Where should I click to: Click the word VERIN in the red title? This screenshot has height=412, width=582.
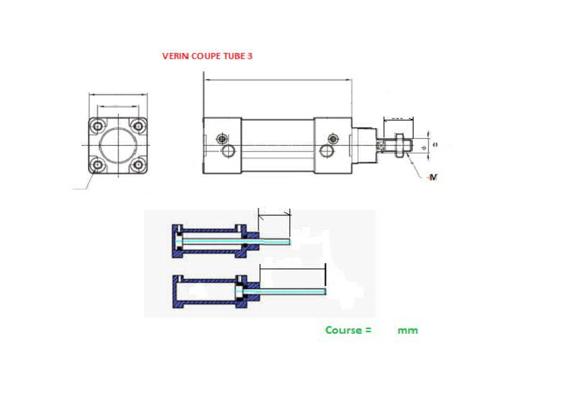click(174, 56)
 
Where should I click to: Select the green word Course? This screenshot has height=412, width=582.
click(344, 330)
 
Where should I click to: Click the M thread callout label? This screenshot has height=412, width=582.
click(433, 177)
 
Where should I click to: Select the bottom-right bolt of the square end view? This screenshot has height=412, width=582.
click(137, 165)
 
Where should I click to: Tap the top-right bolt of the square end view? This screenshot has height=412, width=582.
click(137, 125)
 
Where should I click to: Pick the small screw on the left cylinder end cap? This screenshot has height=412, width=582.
click(221, 139)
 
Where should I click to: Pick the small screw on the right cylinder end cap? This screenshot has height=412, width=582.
click(332, 139)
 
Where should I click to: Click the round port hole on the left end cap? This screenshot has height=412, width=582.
click(228, 152)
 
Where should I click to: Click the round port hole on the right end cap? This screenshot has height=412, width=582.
click(325, 152)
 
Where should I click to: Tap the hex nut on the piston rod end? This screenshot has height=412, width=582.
click(399, 143)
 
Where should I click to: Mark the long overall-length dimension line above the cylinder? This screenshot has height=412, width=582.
click(277, 79)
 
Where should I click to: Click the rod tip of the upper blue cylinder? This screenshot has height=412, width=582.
click(290, 242)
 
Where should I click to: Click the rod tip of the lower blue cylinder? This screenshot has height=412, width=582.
click(324, 291)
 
